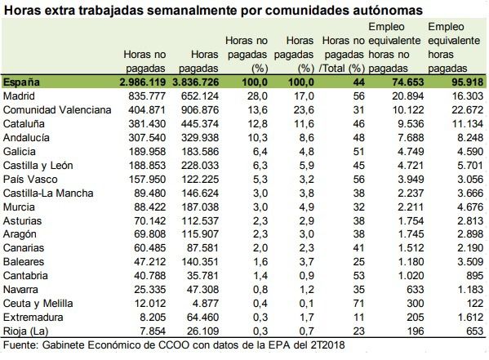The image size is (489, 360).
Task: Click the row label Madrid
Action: (19, 96)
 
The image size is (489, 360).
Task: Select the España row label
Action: (21, 82)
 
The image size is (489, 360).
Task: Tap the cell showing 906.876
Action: (200, 110)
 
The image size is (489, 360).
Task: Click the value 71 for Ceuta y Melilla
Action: (359, 304)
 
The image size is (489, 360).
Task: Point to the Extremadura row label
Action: (33, 318)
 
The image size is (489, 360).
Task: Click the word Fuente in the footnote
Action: (20, 345)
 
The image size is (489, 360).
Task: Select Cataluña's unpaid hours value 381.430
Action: (147, 124)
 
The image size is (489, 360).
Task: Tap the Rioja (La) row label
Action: (25, 331)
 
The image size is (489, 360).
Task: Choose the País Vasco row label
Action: (30, 180)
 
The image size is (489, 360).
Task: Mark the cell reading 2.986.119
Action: (143, 82)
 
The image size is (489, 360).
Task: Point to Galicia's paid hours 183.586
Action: (200, 152)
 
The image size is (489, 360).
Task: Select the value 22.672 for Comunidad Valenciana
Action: (468, 110)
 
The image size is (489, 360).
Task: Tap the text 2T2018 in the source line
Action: (327, 345)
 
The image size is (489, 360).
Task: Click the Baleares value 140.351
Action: (200, 262)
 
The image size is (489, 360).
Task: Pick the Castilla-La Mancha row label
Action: (48, 193)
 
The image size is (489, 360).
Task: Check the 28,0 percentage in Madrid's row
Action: (258, 96)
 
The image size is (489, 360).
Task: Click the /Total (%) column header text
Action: (341, 69)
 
